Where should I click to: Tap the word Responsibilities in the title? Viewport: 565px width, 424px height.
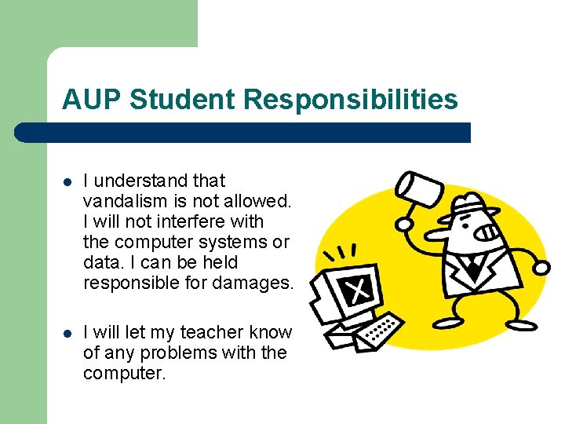click(x=350, y=100)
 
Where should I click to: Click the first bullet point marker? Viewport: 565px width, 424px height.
click(x=68, y=181)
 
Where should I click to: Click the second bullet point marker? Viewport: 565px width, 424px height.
click(x=68, y=334)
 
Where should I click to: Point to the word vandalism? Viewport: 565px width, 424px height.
click(x=120, y=201)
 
